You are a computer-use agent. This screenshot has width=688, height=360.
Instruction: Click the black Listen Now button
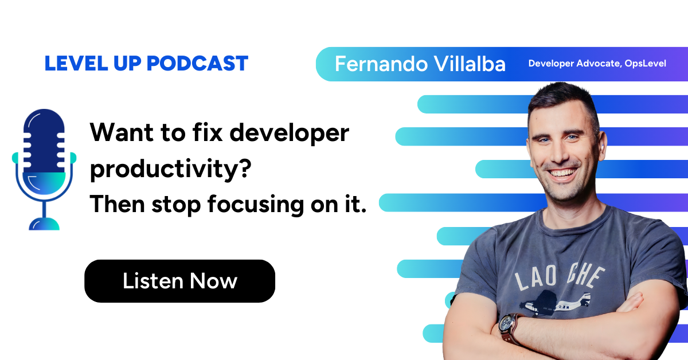[179, 281]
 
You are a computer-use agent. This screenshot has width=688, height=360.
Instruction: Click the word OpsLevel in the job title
[644, 64]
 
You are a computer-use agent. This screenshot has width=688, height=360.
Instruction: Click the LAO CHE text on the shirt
[560, 278]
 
